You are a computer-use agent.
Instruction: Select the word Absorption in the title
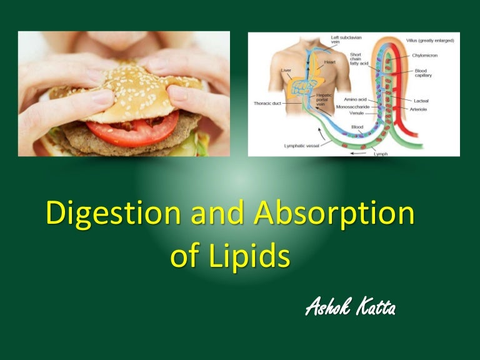coord(334,215)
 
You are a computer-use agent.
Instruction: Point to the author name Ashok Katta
coord(350,307)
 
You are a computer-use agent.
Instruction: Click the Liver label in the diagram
coord(287,71)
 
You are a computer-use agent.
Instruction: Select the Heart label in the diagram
coord(329,62)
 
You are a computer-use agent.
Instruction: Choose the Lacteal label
coord(422,100)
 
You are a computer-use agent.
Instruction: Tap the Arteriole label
coord(424,109)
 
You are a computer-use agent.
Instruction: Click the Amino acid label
coord(356,99)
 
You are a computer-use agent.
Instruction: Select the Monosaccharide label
coord(352,107)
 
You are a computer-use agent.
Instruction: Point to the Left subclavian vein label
coord(344,40)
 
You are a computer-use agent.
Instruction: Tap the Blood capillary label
coord(423,72)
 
